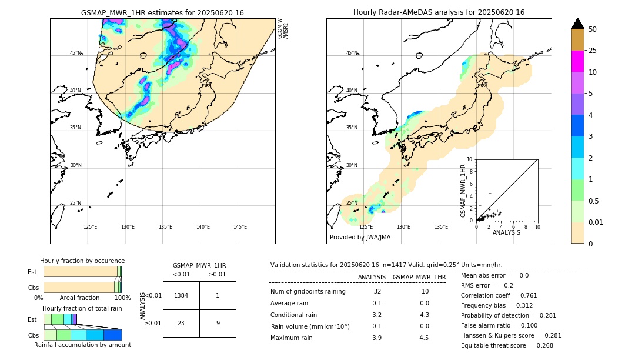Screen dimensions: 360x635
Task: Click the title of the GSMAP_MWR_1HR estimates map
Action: pyautogui.click(x=162, y=12)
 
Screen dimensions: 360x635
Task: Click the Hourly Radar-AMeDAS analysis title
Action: pyautogui.click(x=439, y=12)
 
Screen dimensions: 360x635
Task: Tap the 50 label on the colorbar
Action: pyautogui.click(x=593, y=29)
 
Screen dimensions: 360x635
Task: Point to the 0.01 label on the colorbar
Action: pyautogui.click(x=596, y=222)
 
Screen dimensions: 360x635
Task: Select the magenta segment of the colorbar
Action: pyautogui.click(x=577, y=61)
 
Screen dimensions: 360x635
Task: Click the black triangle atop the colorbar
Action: pyautogui.click(x=577, y=24)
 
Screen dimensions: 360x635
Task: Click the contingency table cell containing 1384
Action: pyautogui.click(x=181, y=295)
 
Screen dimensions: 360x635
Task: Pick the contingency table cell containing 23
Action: pyautogui.click(x=181, y=323)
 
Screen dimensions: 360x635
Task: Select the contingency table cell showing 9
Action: pyautogui.click(x=218, y=323)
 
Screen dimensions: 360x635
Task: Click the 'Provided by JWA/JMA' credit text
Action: pyautogui.click(x=360, y=237)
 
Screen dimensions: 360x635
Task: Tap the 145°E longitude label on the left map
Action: pyautogui.click(x=240, y=227)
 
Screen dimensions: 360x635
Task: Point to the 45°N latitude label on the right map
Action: pyautogui.click(x=352, y=53)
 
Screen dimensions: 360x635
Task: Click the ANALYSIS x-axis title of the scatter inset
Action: pyautogui.click(x=506, y=232)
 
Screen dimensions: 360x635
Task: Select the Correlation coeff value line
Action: pyautogui.click(x=499, y=295)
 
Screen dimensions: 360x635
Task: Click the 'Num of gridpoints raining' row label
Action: pyautogui.click(x=308, y=291)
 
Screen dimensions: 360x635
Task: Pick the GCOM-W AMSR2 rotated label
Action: pyautogui.click(x=283, y=28)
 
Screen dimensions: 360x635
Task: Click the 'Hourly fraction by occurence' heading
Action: pyautogui.click(x=82, y=261)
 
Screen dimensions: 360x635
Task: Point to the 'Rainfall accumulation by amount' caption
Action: pyautogui.click(x=82, y=345)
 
